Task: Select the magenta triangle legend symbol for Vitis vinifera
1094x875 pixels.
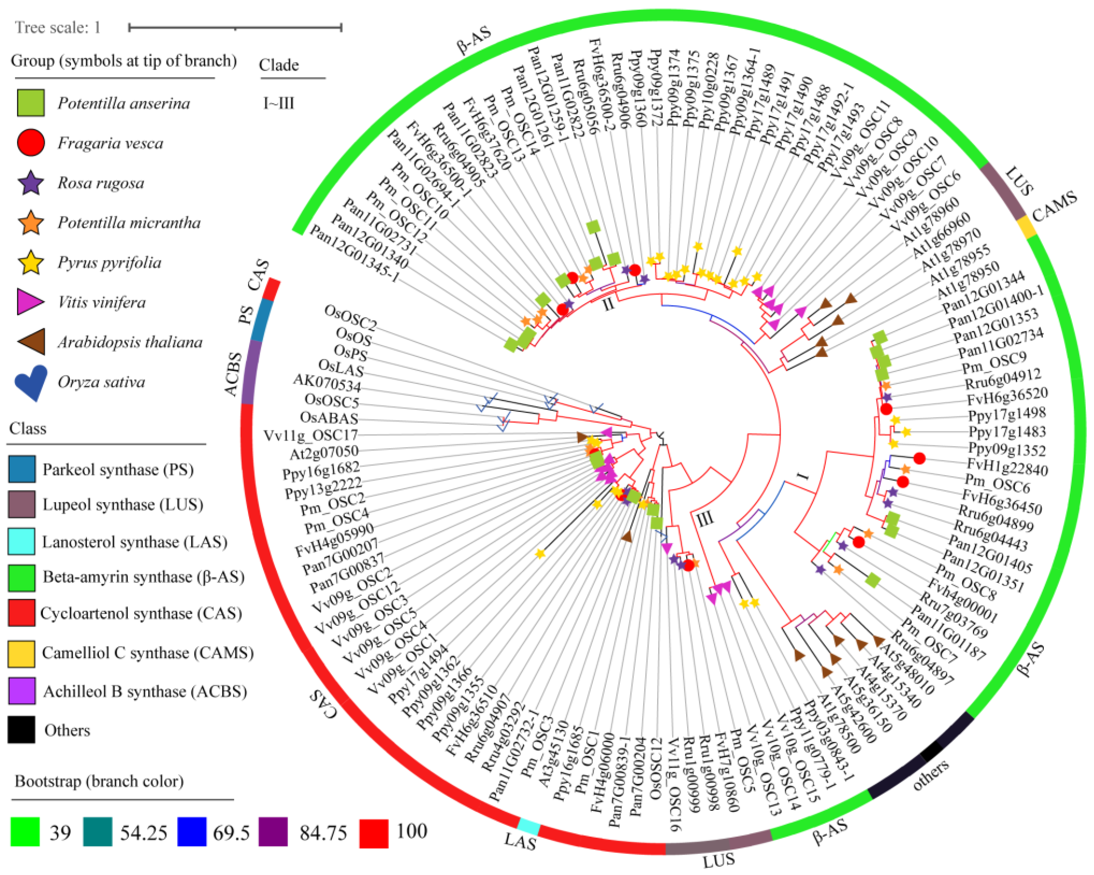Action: click(x=30, y=302)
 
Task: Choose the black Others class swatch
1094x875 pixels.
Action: click(x=22, y=729)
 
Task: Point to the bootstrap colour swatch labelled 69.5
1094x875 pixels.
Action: click(x=192, y=832)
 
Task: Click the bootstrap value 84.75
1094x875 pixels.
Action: click(x=323, y=832)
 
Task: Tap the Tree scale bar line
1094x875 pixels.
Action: click(x=235, y=28)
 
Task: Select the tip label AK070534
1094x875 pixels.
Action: click(x=327, y=384)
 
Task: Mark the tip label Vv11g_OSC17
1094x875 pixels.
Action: click(x=311, y=435)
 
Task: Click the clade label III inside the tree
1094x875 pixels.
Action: click(x=704, y=518)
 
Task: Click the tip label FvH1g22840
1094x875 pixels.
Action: click(x=1008, y=466)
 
